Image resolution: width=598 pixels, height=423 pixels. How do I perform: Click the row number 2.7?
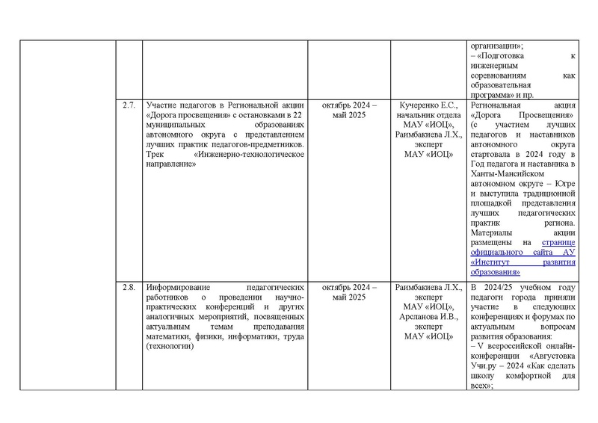pos(128,105)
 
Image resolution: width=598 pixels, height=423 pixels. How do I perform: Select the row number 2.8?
pos(128,288)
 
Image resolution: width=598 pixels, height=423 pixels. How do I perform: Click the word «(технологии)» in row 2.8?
pos(169,346)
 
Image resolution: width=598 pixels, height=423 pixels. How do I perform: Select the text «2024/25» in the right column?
pos(498,288)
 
